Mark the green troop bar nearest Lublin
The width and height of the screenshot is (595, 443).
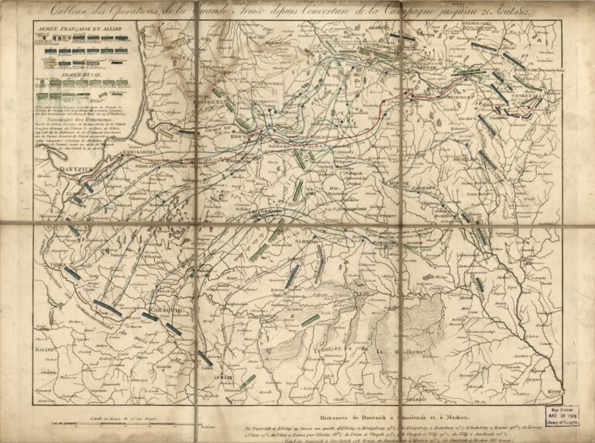click(x=247, y=381)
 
